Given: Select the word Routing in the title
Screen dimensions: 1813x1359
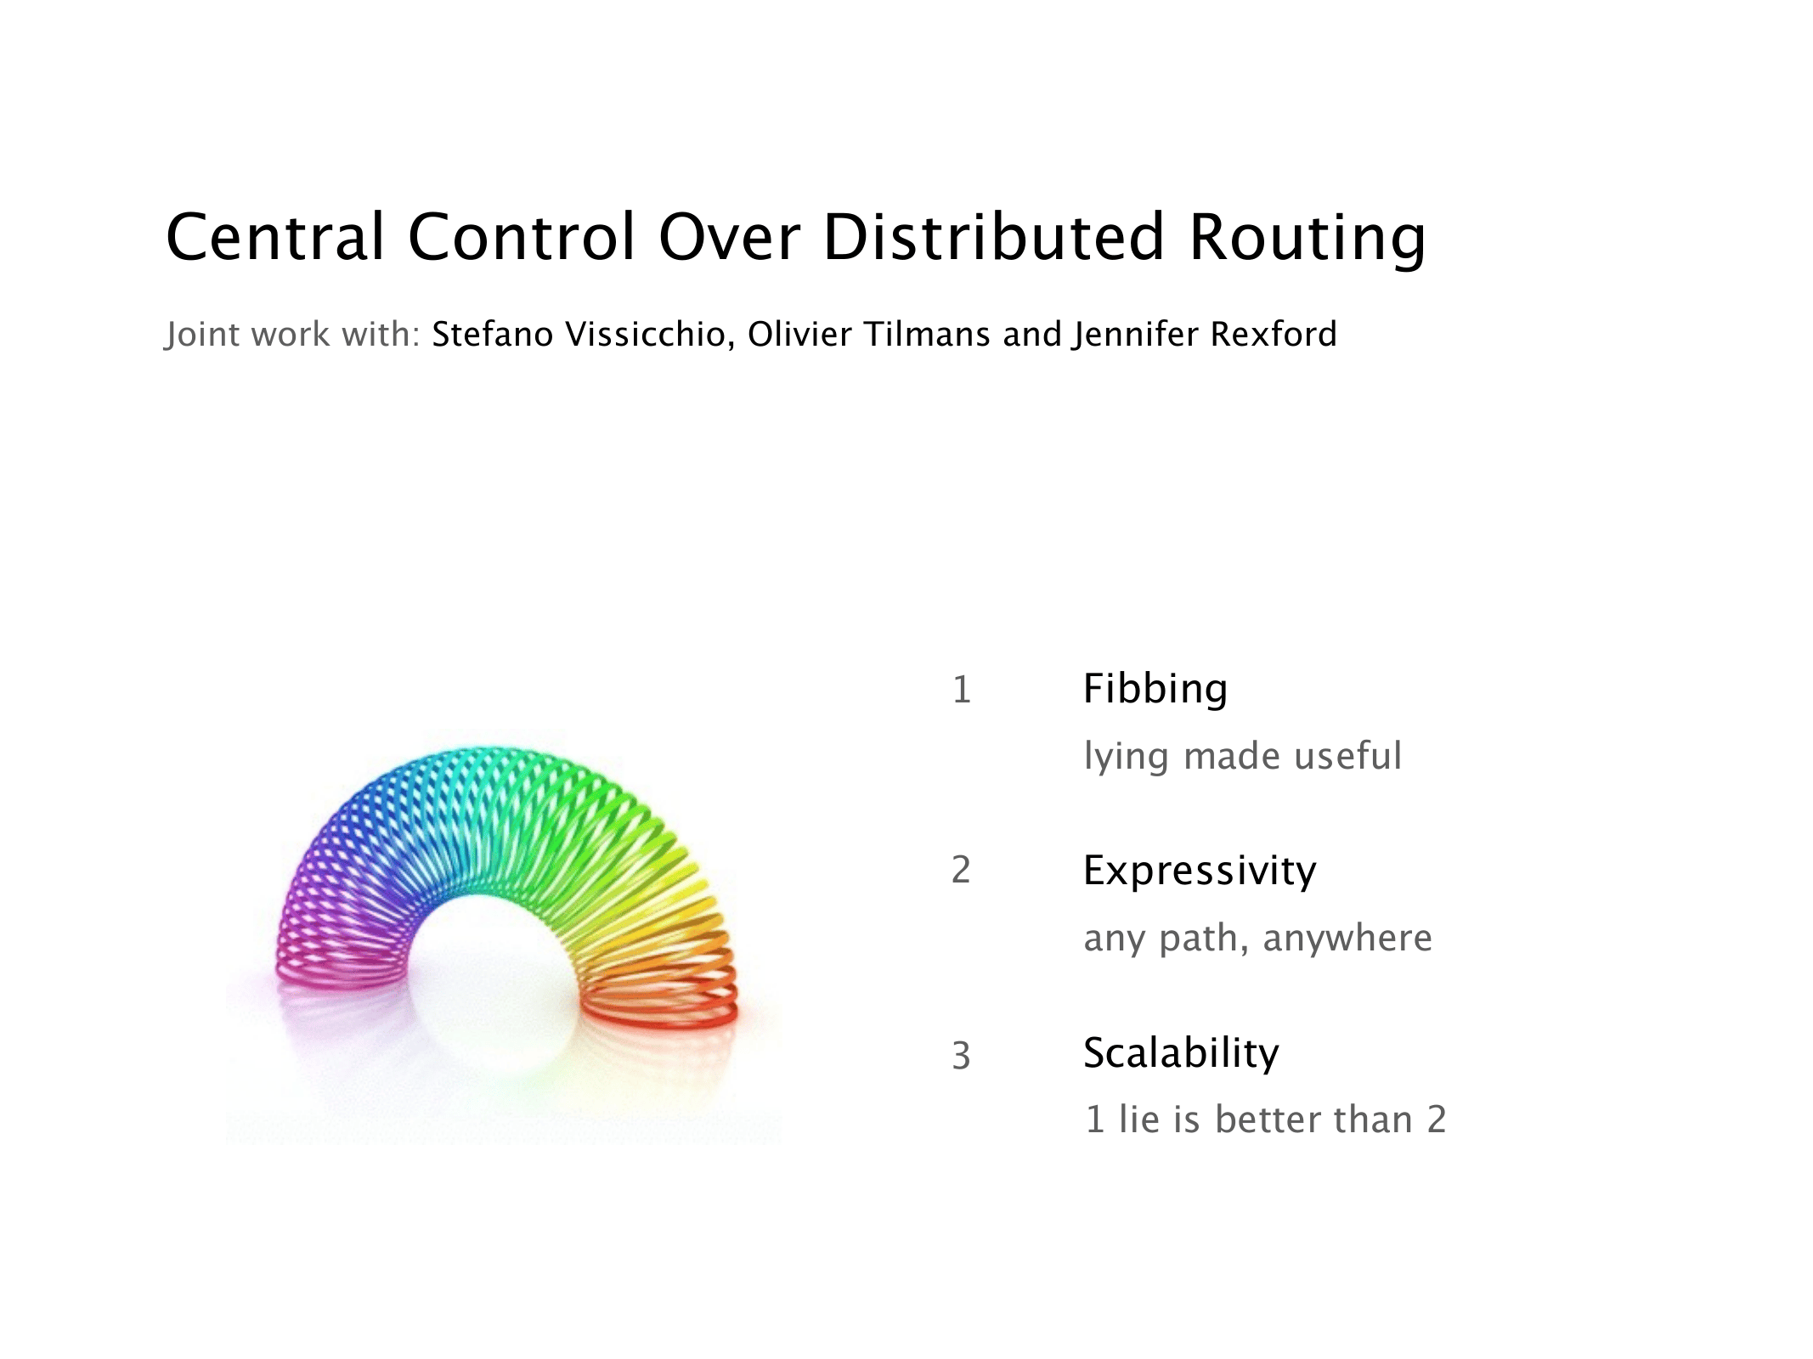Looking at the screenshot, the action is [x=1308, y=240].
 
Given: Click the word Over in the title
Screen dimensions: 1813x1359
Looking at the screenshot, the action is [x=729, y=237].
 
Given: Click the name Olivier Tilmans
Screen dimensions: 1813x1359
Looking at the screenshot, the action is [x=868, y=334].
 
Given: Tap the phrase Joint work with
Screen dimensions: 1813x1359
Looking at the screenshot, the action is [x=293, y=334].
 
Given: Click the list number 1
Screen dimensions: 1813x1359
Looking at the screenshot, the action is [x=962, y=689].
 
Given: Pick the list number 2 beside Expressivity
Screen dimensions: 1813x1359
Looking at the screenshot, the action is [x=961, y=870].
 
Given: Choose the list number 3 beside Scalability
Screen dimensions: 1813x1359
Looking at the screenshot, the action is [x=961, y=1056].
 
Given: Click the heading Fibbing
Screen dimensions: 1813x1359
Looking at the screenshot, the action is [x=1155, y=689].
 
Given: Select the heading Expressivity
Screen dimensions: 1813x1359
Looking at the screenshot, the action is [x=1200, y=871].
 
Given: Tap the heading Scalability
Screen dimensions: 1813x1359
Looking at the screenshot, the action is [x=1182, y=1054].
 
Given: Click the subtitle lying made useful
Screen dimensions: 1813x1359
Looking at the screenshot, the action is [x=1243, y=756].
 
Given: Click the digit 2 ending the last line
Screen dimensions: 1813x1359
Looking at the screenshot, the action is [x=1437, y=1119].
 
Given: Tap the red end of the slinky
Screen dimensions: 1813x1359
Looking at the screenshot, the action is [x=659, y=1007].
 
